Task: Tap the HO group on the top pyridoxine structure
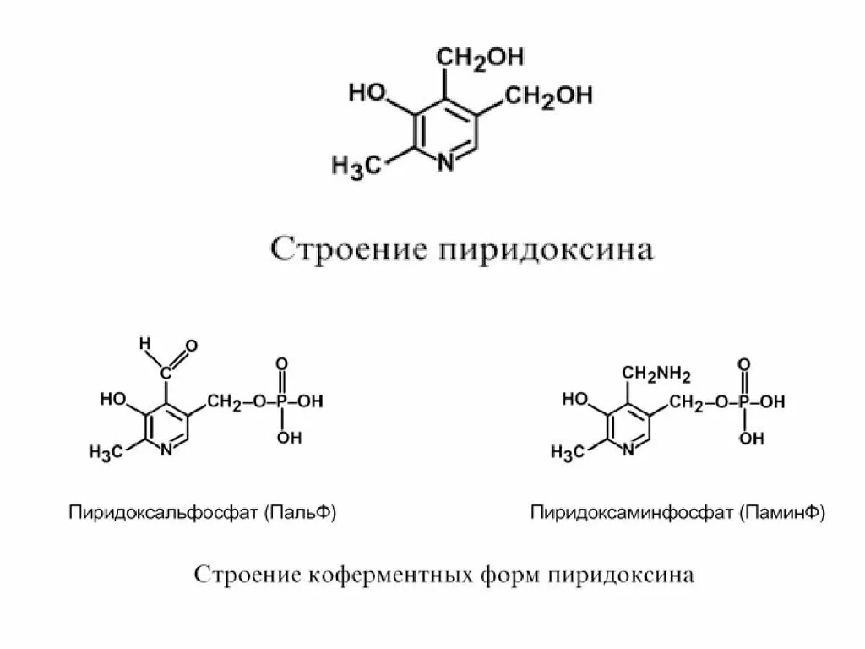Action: coord(367,92)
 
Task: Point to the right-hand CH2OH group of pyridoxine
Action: coord(549,96)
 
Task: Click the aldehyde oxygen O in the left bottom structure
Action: coord(191,345)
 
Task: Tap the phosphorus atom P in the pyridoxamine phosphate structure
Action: coord(744,403)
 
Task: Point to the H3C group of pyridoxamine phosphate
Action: coord(568,453)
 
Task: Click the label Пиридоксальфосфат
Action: coord(164,512)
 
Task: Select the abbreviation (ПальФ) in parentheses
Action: coord(299,512)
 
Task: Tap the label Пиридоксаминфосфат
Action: coord(633,512)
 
